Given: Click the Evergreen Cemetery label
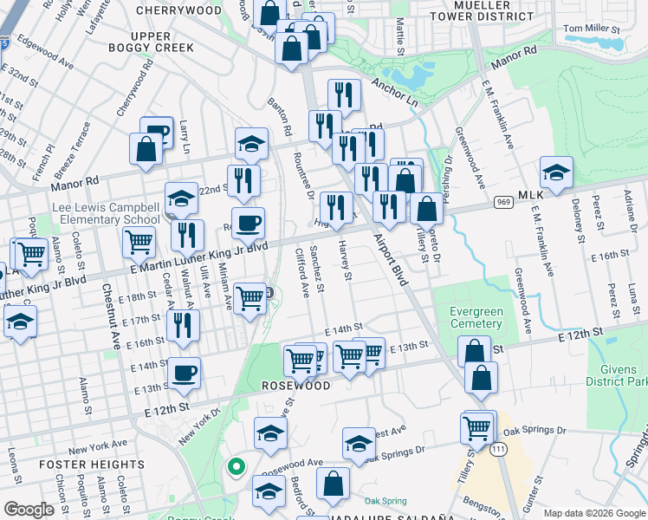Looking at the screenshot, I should [476, 318].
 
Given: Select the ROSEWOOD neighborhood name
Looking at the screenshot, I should [297, 386].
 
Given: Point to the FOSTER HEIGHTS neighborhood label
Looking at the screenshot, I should [92, 465].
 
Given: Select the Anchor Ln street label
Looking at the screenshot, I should [394, 92].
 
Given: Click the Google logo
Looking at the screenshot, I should [29, 510].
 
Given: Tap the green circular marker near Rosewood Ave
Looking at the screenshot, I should [234, 468].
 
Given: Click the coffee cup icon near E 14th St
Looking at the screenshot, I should [185, 374].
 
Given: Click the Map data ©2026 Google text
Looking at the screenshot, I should [593, 513].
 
